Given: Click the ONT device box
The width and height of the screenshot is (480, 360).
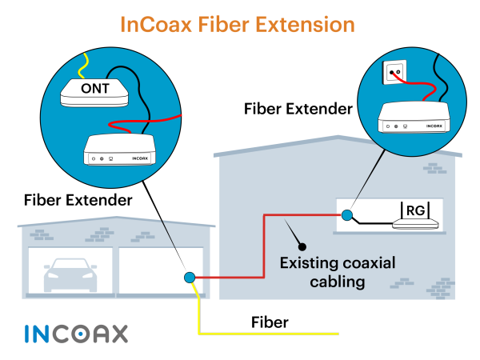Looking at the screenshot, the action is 94,93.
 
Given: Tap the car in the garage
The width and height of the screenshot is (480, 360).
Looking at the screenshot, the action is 70,275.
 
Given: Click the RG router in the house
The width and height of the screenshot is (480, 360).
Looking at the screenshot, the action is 415,215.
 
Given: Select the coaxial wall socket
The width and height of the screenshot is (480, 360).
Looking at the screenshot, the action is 394,72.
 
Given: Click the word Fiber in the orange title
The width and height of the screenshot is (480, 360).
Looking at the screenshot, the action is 223,25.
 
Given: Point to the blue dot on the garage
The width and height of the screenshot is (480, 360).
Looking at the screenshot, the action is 190,278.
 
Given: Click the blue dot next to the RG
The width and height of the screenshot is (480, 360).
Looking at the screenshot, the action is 347,215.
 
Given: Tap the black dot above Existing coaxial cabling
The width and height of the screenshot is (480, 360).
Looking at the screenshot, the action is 302,246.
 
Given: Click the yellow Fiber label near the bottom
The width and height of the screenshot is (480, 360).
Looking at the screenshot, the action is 270,322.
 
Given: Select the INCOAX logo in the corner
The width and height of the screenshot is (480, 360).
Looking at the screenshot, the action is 76,334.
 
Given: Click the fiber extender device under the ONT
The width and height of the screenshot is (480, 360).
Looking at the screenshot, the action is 119,150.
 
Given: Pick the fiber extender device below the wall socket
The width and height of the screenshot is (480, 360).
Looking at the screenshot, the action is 414,118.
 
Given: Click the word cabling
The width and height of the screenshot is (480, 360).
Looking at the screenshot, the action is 338,282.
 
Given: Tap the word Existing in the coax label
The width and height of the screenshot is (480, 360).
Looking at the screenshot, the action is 308,263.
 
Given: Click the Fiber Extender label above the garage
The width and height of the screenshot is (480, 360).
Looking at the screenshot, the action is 78,200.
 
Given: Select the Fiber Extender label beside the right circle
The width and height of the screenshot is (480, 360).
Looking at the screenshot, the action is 298,109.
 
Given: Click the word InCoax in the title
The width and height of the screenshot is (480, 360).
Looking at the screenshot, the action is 156,25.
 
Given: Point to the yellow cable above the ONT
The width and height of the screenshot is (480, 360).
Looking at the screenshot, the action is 82,66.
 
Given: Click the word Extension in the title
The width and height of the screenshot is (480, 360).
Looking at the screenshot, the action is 305,25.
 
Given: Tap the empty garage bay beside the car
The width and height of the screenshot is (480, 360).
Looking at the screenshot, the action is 161,270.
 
